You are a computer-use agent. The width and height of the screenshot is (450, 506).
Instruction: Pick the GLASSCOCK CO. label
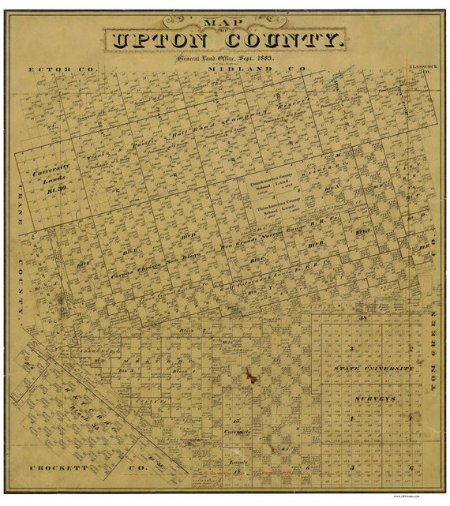pyautogui.click(x=420, y=69)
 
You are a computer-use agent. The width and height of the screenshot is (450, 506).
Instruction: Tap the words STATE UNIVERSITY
pyautogui.click(x=373, y=369)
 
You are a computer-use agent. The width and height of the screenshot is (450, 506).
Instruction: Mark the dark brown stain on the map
pyautogui.click(x=250, y=376)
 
